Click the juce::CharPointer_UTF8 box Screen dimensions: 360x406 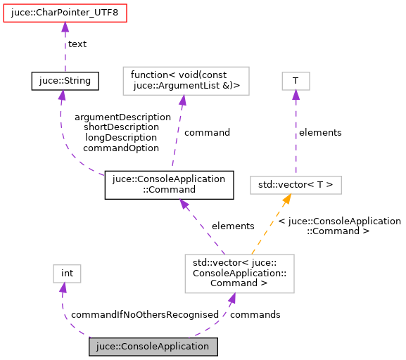65,12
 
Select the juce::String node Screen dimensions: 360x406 65,81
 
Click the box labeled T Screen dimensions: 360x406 296,81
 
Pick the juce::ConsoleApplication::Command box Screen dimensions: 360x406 169,184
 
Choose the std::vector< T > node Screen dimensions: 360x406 296,186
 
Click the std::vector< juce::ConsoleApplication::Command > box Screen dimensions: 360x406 239,274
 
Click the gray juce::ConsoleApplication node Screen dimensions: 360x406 153,347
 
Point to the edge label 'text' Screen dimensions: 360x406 77,44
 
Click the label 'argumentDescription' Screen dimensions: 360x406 122,117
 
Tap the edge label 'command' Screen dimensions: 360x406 207,131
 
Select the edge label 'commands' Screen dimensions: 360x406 255,314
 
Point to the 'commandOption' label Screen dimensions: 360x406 120,148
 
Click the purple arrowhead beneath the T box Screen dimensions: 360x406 296,96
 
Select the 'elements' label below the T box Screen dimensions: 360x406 320,132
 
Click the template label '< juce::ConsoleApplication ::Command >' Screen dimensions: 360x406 338,225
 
